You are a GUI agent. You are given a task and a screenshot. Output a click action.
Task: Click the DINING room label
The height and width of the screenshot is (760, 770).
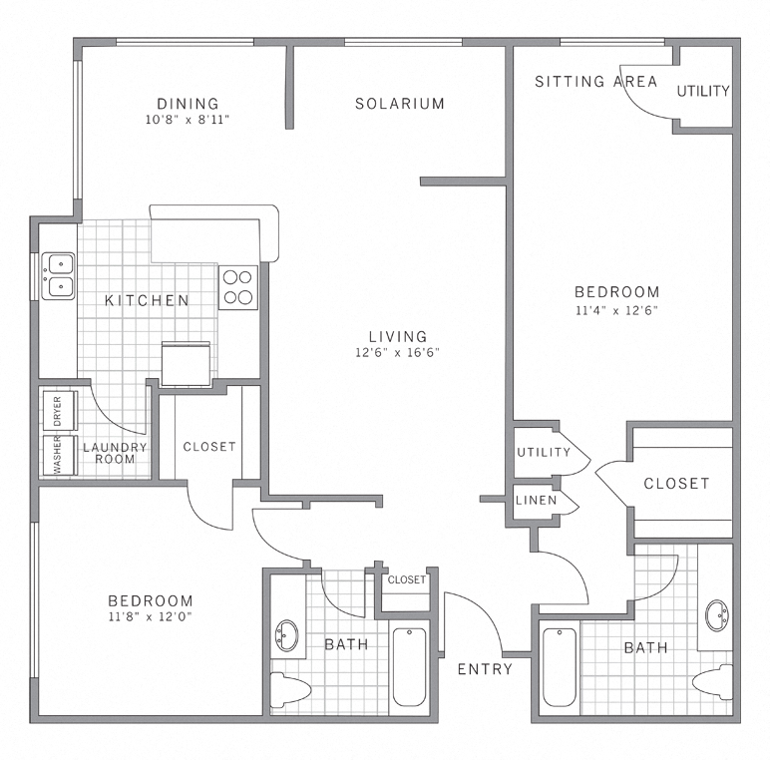pyautogui.click(x=188, y=104)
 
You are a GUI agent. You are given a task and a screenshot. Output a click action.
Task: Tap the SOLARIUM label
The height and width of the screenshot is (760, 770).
pyautogui.click(x=400, y=104)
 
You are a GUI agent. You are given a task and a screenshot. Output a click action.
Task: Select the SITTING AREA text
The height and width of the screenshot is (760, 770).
pyautogui.click(x=595, y=82)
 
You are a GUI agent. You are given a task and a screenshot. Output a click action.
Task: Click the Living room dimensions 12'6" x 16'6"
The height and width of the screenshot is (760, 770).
pyautogui.click(x=397, y=352)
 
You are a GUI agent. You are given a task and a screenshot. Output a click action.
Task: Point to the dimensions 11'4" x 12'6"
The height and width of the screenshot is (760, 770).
pyautogui.click(x=617, y=309)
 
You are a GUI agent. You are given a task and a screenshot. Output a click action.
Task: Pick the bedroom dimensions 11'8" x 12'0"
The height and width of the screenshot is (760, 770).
pyautogui.click(x=151, y=617)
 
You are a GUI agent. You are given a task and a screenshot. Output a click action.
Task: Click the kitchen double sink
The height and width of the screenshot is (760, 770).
pyautogui.click(x=58, y=275)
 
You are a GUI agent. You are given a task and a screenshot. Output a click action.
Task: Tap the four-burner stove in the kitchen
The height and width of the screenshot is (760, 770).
pyautogui.click(x=238, y=287)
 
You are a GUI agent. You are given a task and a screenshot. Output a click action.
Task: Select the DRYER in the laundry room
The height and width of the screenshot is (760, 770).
pyautogui.click(x=56, y=411)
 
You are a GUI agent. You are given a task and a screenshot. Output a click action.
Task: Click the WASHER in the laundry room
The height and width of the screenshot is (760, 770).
pyautogui.click(x=56, y=455)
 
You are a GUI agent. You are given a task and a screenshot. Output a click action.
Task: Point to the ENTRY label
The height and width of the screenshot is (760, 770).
pyautogui.click(x=485, y=669)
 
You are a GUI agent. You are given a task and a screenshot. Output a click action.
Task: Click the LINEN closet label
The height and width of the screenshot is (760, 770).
pyautogui.click(x=537, y=500)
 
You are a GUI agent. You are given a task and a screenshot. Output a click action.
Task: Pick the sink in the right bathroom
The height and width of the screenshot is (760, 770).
pyautogui.click(x=716, y=614)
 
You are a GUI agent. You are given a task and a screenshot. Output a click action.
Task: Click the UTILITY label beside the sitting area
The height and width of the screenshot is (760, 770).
pyautogui.click(x=703, y=91)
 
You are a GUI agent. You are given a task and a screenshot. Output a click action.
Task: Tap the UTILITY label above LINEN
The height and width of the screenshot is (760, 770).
pyautogui.click(x=544, y=452)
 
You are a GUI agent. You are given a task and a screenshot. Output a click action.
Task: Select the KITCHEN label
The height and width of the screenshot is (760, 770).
pyautogui.click(x=147, y=300)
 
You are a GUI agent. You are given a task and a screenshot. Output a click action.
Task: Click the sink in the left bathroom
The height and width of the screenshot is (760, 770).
pyautogui.click(x=289, y=634)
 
